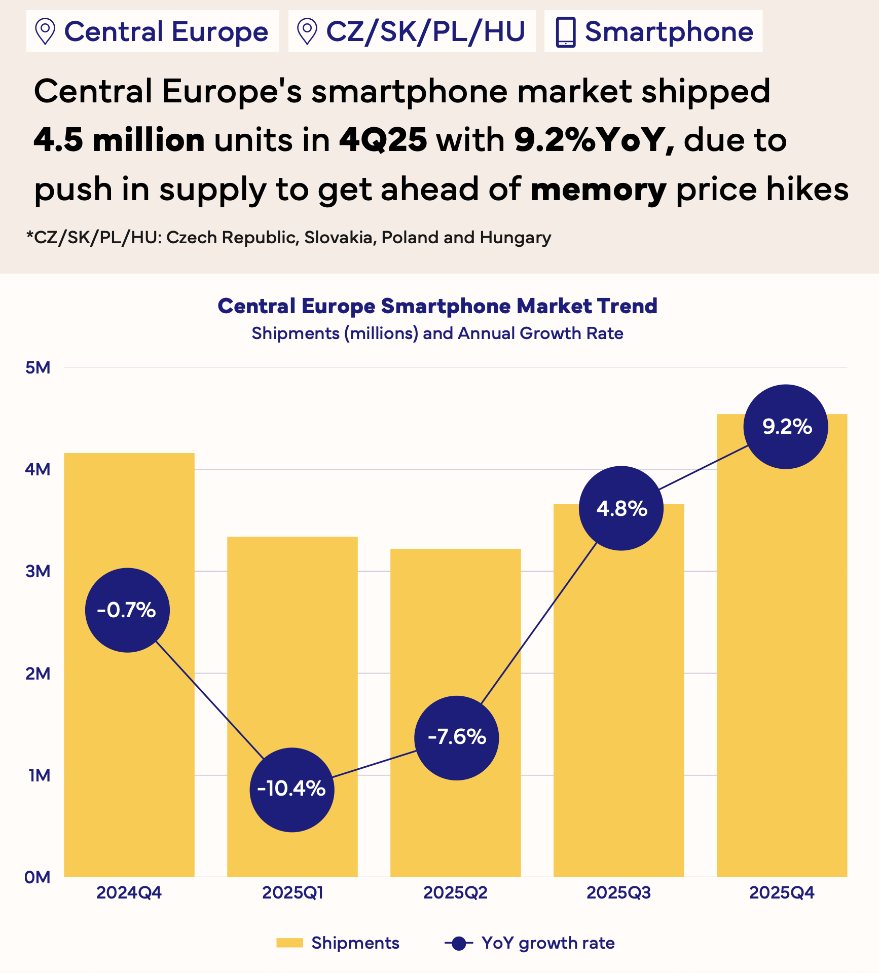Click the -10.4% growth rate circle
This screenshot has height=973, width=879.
point(292,790)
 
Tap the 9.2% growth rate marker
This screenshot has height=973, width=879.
point(786,427)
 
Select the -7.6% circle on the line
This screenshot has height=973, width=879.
point(457,737)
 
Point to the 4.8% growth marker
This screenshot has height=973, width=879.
point(621,508)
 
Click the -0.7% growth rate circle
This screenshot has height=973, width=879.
point(127,610)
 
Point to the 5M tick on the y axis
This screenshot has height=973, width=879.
point(38,367)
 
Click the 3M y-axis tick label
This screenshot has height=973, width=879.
point(38,571)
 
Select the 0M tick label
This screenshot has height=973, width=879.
point(38,877)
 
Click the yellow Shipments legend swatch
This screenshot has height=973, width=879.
point(289,943)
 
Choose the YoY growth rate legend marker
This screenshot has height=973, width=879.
point(459,943)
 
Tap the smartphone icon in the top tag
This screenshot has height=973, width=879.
point(566,32)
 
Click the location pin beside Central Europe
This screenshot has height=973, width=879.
point(46,31)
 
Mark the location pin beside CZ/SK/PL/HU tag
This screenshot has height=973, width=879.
point(307,31)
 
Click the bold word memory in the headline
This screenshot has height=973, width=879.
point(598,190)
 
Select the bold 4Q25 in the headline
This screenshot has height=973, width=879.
point(383,140)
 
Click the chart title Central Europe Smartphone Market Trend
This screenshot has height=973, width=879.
point(437,306)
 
